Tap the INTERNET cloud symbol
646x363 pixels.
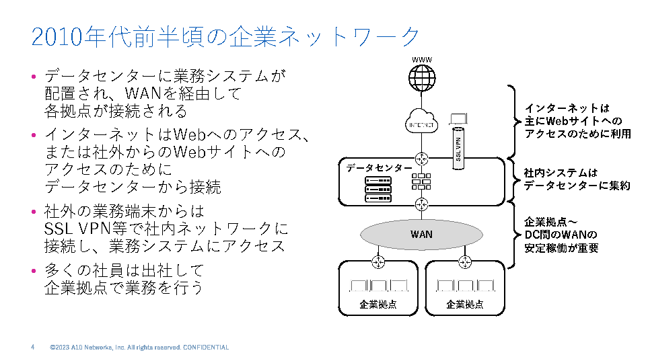coord(422,123)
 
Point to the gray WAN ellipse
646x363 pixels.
coord(422,234)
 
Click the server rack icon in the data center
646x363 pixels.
coord(378,190)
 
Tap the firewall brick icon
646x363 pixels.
coord(422,182)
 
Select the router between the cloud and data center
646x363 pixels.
coord(422,159)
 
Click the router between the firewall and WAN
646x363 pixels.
coord(422,204)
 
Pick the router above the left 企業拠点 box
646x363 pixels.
coord(379,261)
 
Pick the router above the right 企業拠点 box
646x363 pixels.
coord(464,261)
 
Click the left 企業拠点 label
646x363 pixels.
coord(378,305)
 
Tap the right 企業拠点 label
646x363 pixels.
coord(465,305)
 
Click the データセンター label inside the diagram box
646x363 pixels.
coord(380,168)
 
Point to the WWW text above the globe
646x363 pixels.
coord(422,60)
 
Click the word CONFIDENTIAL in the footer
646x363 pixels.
coord(206,348)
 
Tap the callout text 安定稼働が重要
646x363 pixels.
coord(561,247)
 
